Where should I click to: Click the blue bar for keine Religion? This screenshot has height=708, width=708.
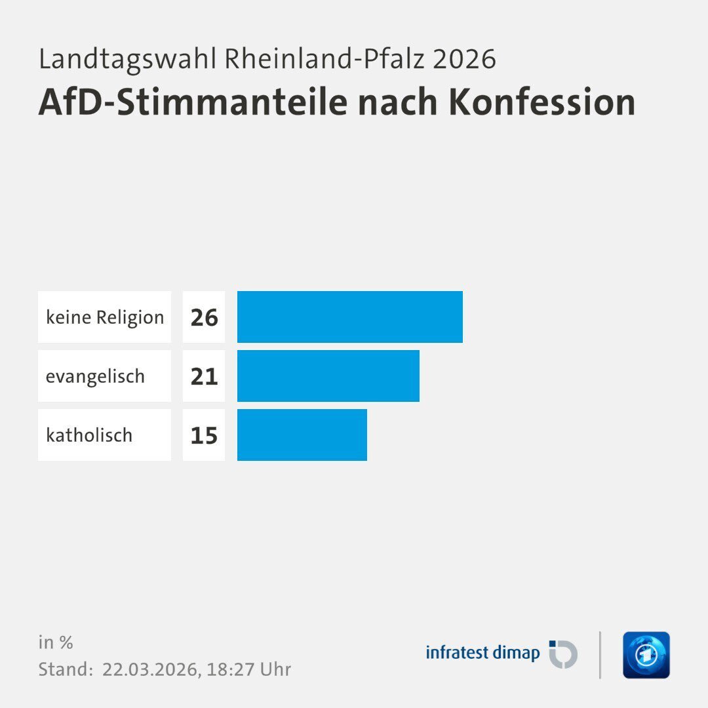349,317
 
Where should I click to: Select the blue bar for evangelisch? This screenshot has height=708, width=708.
328,376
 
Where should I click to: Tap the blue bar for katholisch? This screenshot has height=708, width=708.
302,435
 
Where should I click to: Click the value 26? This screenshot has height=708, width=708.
204,317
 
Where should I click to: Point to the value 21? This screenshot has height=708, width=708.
204,376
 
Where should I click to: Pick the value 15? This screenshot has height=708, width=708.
204,435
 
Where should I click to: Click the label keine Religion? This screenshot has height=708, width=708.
105,317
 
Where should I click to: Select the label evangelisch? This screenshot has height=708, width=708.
95,376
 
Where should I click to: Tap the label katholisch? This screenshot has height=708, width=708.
89,435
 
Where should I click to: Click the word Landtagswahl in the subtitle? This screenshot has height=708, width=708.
127,59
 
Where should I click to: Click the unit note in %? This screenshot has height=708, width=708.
56,642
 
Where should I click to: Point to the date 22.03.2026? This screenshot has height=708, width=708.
151,669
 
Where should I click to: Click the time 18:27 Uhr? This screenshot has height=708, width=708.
249,669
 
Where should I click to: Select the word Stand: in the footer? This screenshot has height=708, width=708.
66,669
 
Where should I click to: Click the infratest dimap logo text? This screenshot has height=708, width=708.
482,653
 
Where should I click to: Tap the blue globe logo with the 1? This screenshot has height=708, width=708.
646,655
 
